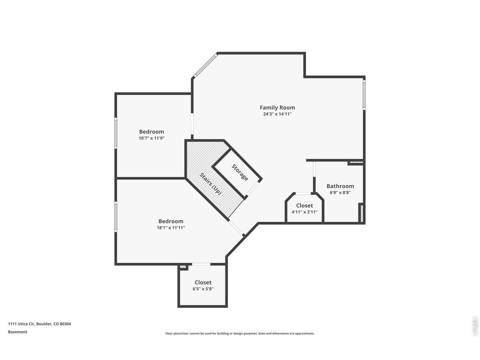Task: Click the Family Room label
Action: (277, 108)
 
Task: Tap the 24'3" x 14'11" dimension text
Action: (277, 114)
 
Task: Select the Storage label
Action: (240, 172)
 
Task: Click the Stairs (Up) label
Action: (211, 184)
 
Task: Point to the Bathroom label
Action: (340, 186)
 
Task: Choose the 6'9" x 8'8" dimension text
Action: (340, 193)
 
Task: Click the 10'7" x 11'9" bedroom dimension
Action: (151, 138)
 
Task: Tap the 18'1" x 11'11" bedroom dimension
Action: (171, 228)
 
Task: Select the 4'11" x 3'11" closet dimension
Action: (304, 212)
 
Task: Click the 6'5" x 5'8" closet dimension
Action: (203, 289)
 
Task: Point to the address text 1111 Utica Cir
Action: (21, 324)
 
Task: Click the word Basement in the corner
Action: (18, 332)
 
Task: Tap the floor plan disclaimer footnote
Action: (240, 333)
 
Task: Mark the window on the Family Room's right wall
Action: (364, 95)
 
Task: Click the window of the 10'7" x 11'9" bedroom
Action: (116, 133)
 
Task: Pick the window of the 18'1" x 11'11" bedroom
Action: (116, 217)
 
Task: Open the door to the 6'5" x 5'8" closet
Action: (201, 264)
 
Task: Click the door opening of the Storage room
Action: (253, 188)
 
